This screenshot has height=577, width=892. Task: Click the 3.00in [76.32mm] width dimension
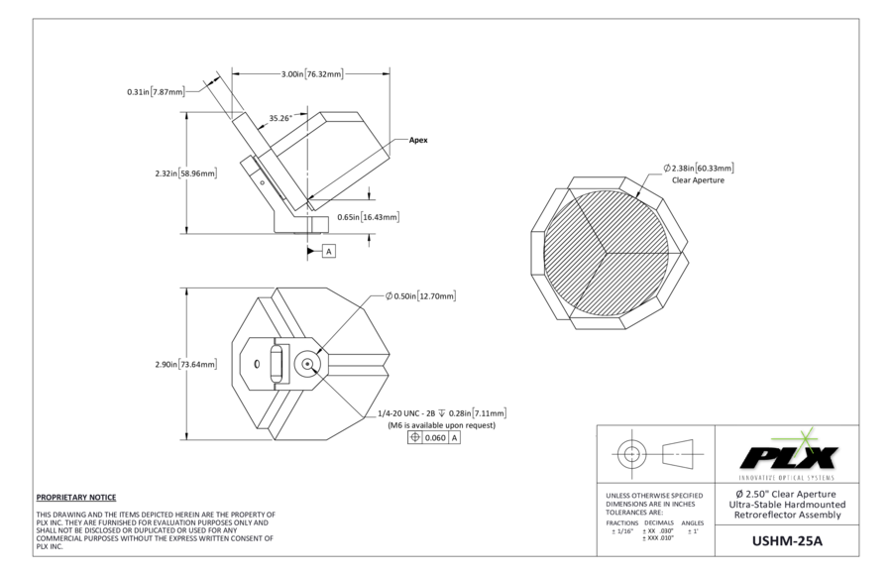click(x=311, y=74)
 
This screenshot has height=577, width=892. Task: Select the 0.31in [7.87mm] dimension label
click(x=156, y=92)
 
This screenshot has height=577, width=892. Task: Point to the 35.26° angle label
click(x=279, y=118)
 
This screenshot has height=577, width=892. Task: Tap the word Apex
click(x=418, y=141)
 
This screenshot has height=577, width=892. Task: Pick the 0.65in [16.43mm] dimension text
click(x=368, y=216)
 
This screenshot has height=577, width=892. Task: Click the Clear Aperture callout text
click(x=698, y=180)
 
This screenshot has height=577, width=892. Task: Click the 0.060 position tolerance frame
click(x=434, y=437)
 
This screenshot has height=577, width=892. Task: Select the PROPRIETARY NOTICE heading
click(x=76, y=497)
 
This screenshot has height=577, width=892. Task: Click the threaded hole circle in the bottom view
click(x=308, y=365)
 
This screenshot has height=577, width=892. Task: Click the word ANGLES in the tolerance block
click(x=693, y=522)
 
